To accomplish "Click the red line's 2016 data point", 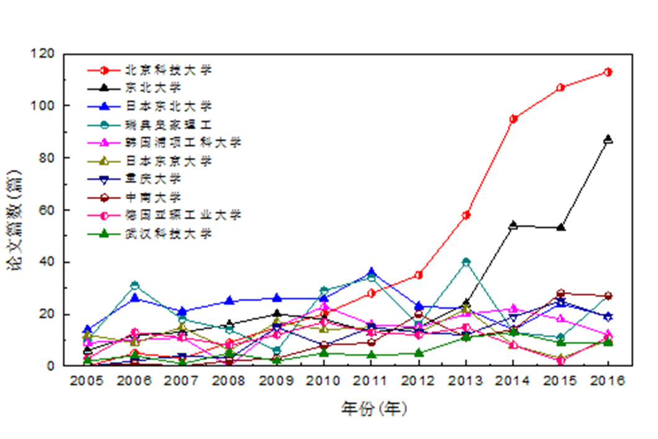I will tap(608, 72).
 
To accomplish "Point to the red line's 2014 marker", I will tap(513, 119).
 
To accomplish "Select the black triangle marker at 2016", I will tap(608, 139).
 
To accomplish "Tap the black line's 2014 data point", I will tap(513, 226).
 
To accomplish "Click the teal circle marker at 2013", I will tap(466, 262).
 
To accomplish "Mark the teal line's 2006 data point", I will tap(135, 285).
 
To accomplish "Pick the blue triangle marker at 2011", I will tap(372, 272).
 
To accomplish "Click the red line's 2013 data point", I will tap(466, 215).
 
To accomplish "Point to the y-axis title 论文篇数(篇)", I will tap(13, 210).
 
